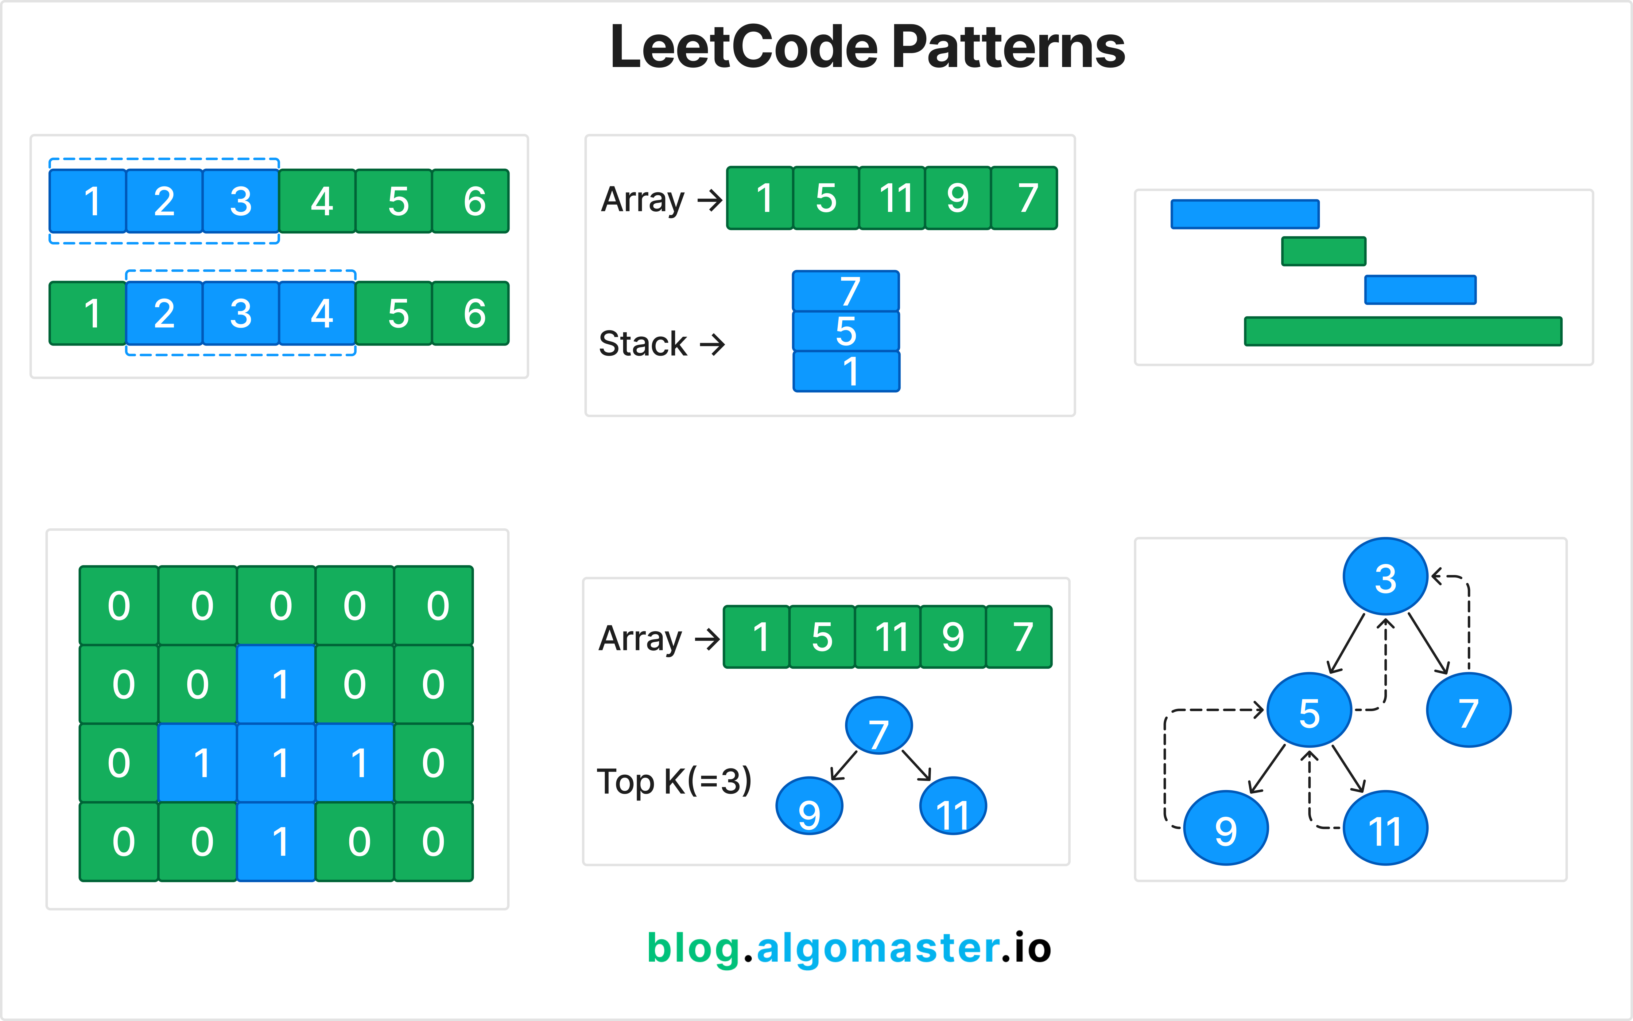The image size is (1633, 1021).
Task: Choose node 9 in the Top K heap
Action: click(809, 806)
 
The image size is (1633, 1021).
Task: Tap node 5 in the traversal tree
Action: click(1309, 710)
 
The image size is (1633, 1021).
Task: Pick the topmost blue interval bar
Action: click(1245, 214)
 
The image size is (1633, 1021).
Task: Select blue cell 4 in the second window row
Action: click(317, 313)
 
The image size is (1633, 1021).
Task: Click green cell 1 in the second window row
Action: click(88, 313)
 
